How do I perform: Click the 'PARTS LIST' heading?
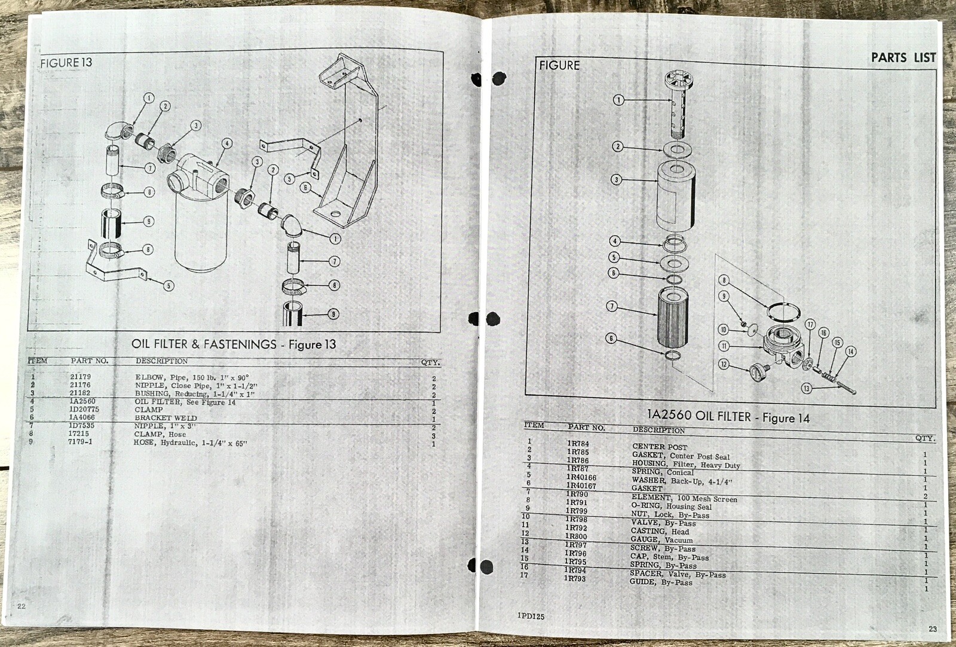[903, 57]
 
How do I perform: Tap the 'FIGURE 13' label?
[66, 62]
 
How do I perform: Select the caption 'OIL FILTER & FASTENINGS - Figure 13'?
[234, 344]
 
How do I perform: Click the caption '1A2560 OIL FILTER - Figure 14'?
[728, 417]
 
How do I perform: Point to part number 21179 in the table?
[80, 377]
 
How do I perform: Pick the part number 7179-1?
[80, 442]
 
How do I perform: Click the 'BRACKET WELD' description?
[166, 418]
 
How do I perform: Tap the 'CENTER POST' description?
[660, 447]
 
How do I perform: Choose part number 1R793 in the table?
[575, 578]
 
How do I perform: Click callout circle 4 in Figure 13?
[226, 144]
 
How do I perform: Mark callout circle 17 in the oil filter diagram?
[810, 325]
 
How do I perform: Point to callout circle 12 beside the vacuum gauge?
[724, 364]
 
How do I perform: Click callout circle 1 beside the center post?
[618, 100]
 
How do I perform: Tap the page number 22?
[22, 606]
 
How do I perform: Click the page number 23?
[933, 628]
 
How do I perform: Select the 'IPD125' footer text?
[531, 616]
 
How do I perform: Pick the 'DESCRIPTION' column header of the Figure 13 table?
[161, 361]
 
